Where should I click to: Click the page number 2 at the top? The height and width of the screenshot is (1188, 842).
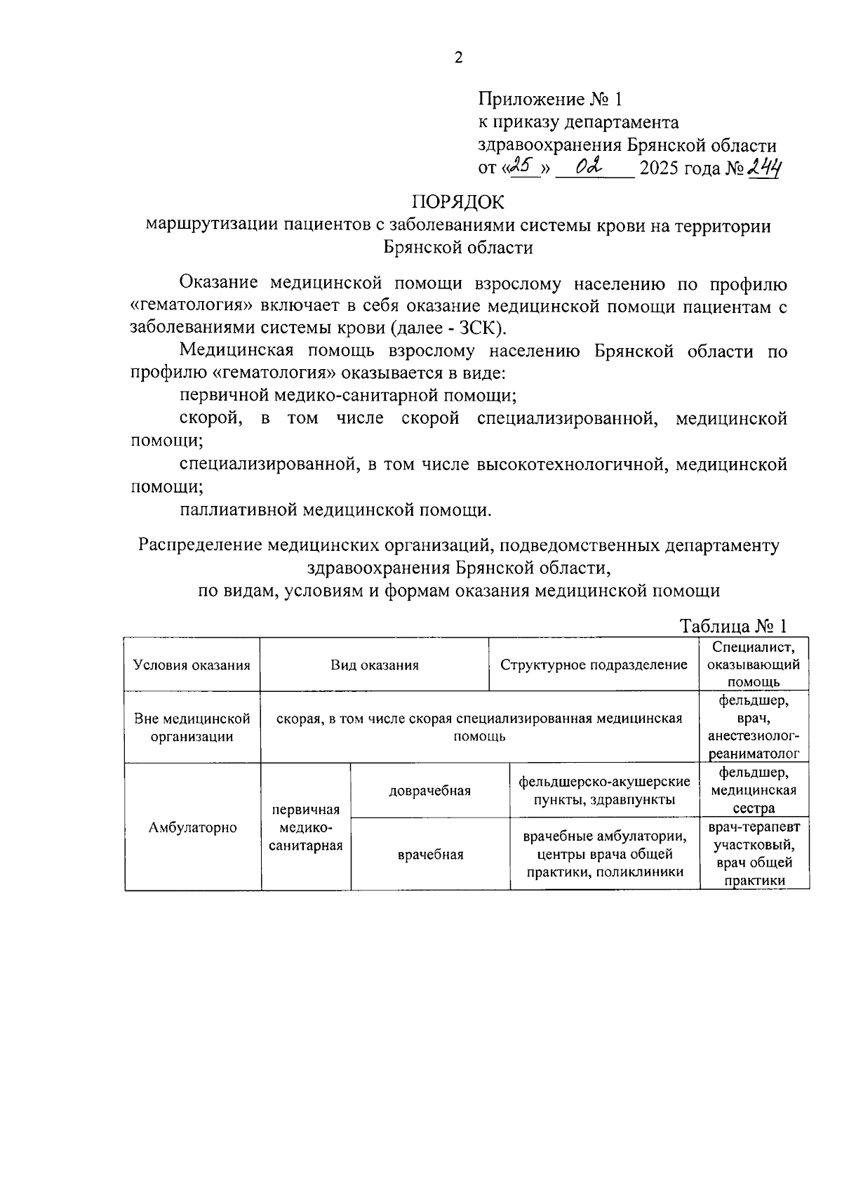(458, 58)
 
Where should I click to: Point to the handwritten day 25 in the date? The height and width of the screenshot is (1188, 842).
(523, 166)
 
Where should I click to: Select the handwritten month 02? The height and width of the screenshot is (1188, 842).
(587, 167)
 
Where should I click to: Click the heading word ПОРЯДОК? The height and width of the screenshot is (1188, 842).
(457, 202)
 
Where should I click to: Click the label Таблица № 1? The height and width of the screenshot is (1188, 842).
(734, 627)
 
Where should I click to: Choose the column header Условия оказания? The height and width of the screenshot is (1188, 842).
(192, 665)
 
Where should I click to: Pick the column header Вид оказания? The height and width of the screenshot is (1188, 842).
(375, 665)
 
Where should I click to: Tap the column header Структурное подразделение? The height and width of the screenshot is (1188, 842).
(594, 665)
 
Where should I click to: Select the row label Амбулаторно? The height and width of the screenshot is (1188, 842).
(192, 827)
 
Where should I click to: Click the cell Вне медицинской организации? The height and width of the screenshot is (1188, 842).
(192, 728)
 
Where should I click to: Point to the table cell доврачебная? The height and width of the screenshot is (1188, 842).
(429, 791)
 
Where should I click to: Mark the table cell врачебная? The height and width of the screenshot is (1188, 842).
(430, 855)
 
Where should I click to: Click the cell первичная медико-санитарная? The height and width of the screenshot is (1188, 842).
(306, 828)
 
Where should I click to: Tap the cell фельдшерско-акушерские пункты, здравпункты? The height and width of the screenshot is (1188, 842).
(604, 791)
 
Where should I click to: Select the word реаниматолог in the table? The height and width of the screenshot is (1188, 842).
(754, 755)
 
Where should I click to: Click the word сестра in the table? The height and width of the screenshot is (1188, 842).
(754, 809)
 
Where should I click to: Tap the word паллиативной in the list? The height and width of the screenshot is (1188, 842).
(238, 509)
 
